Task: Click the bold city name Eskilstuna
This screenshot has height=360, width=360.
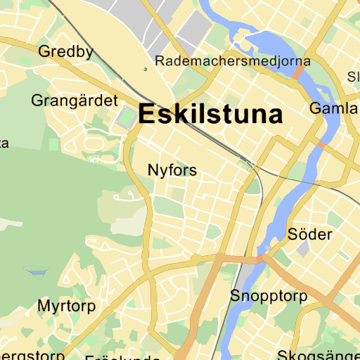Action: [x=211, y=114]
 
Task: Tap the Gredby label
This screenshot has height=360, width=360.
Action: [x=66, y=51]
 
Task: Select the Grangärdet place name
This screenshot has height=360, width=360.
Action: [x=74, y=101]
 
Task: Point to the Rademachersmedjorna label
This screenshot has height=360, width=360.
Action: [x=225, y=60]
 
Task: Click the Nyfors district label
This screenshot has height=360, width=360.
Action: [x=172, y=170]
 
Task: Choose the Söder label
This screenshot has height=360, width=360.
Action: [x=310, y=233]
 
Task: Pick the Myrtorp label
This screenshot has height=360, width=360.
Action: [x=66, y=306]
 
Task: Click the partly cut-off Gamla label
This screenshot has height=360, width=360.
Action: [x=334, y=109]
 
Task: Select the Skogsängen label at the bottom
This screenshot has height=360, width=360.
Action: [x=319, y=356]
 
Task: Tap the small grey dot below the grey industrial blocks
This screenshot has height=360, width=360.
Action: [x=146, y=69]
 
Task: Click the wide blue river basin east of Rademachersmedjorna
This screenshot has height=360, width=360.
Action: [x=264, y=42]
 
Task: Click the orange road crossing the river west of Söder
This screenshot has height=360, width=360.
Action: [x=261, y=259]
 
